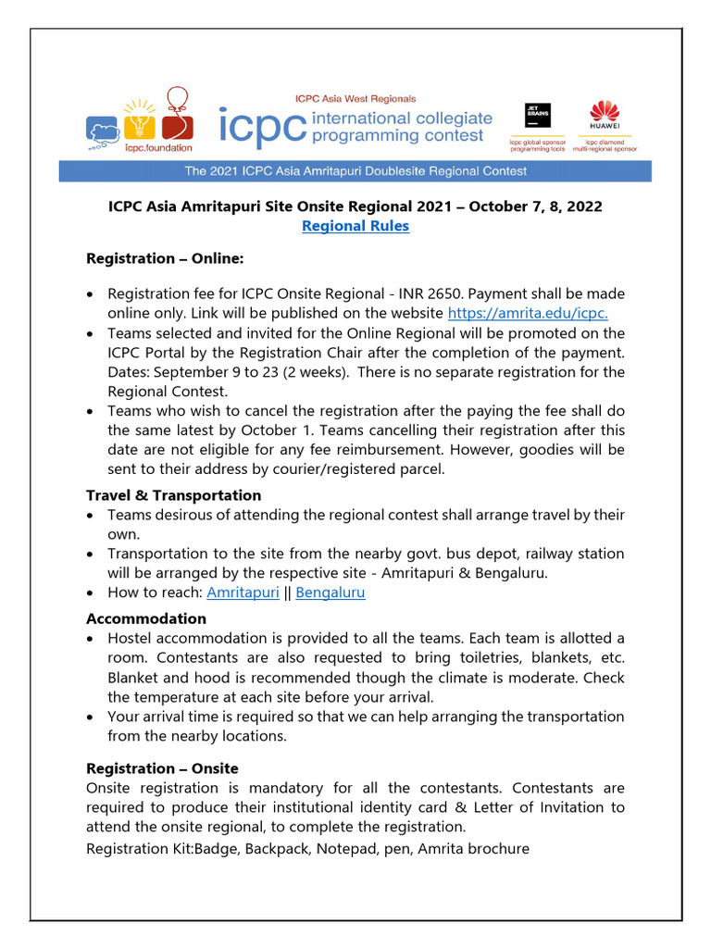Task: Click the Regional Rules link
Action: (x=355, y=226)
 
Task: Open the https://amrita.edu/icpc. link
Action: (x=528, y=313)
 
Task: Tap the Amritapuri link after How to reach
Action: (x=243, y=592)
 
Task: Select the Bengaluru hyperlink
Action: (x=331, y=592)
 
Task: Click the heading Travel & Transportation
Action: (x=173, y=495)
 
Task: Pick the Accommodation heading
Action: (x=146, y=618)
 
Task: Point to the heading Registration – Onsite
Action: (x=162, y=768)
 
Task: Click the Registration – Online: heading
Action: (x=165, y=258)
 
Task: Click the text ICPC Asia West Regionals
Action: (x=355, y=98)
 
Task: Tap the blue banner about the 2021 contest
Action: (x=355, y=171)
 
